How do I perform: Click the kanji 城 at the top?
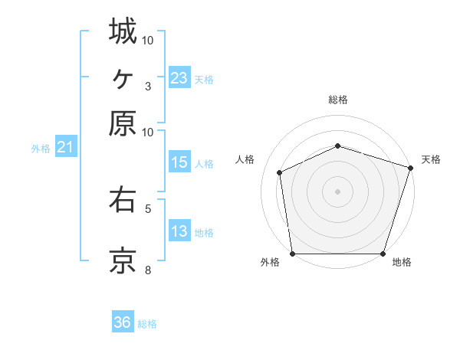123,31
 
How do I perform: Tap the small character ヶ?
123,77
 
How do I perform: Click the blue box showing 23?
179,77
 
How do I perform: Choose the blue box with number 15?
179,162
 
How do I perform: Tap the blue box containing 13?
179,231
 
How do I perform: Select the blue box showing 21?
64,147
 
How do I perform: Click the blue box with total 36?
123,322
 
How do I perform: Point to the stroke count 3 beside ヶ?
148,85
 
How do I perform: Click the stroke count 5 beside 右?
148,208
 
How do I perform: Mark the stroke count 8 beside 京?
148,270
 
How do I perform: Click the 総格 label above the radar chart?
338,100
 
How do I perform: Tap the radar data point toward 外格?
293,253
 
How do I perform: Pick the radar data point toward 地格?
383,253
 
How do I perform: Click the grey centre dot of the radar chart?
338,191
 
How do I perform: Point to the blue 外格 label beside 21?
40,149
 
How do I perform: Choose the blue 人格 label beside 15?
204,163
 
